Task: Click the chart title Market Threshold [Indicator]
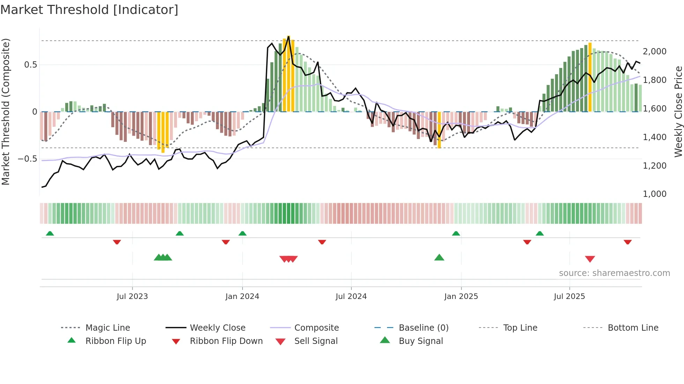click(89, 10)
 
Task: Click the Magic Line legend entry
click(107, 328)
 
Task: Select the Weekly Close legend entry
click(217, 328)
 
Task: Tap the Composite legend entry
click(316, 328)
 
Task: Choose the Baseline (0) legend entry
click(423, 328)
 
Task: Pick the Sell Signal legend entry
click(315, 341)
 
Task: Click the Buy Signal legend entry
click(421, 341)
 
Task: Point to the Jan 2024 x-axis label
click(242, 297)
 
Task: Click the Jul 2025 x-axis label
click(569, 297)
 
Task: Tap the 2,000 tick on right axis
click(655, 52)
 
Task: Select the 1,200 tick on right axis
click(655, 166)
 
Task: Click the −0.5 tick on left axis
click(28, 159)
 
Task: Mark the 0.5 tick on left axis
click(30, 65)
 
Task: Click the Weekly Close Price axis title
click(678, 112)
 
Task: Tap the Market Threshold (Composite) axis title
click(6, 112)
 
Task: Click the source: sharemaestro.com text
click(614, 273)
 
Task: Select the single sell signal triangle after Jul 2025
click(590, 259)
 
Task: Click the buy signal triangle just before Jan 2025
click(439, 258)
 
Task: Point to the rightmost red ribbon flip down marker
click(627, 242)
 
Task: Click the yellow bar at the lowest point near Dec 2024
click(439, 131)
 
